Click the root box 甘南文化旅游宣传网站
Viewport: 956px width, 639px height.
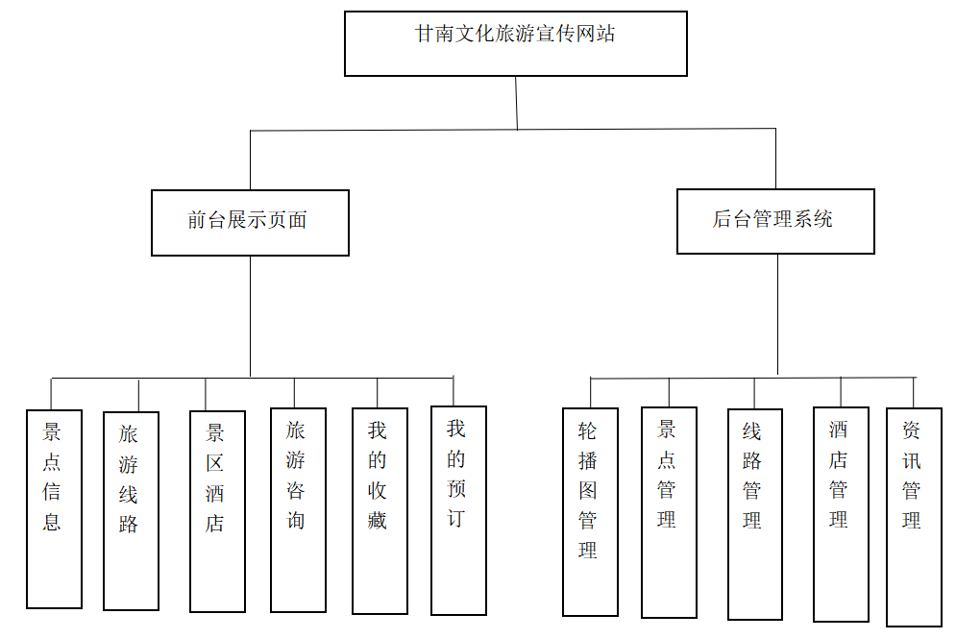pyautogui.click(x=516, y=43)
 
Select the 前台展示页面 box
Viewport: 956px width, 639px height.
pyautogui.click(x=250, y=222)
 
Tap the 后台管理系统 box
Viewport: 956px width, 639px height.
pyautogui.click(x=775, y=221)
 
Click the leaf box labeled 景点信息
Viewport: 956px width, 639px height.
pyautogui.click(x=54, y=508)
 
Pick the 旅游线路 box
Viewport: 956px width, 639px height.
pyautogui.click(x=131, y=510)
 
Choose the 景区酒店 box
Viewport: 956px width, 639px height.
pyautogui.click(x=217, y=511)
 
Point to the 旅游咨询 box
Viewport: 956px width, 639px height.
pyautogui.click(x=298, y=509)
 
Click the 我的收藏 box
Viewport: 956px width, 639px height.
pyautogui.click(x=380, y=510)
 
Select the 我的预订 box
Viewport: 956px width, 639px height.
pyautogui.click(x=458, y=509)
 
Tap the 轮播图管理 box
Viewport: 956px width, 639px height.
pyautogui.click(x=590, y=511)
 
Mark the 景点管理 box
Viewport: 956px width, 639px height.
pyautogui.click(x=669, y=511)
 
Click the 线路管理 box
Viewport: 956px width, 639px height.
pyautogui.click(x=754, y=513)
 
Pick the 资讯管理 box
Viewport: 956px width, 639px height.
pyautogui.click(x=913, y=516)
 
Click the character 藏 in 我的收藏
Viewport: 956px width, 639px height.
pyautogui.click(x=378, y=521)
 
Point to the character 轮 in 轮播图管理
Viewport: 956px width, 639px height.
pyautogui.click(x=588, y=430)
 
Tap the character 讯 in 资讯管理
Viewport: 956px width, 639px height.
pyautogui.click(x=912, y=460)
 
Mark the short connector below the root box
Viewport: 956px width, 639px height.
pyautogui.click(x=516, y=102)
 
